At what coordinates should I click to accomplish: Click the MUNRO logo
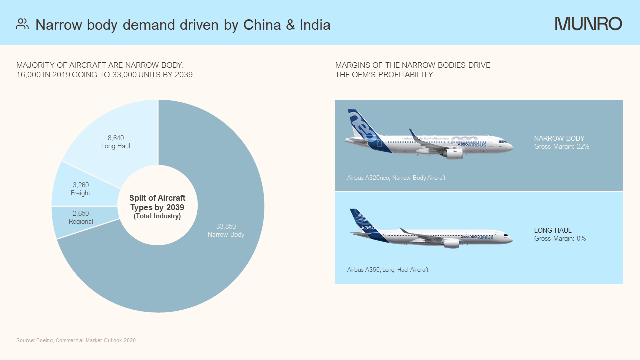[x=588, y=24]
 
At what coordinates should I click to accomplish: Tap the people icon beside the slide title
[x=22, y=24]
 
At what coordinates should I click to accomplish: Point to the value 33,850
[x=226, y=226]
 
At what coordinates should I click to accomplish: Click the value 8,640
[x=116, y=138]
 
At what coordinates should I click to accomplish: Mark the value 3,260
[x=80, y=185]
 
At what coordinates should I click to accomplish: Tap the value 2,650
[x=80, y=213]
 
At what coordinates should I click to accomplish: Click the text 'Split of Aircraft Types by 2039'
[x=157, y=202]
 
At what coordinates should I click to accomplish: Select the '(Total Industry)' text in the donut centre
[x=157, y=216]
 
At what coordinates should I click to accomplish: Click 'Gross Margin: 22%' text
[x=562, y=147]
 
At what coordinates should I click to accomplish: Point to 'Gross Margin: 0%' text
[x=560, y=239]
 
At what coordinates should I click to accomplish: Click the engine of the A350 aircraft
[x=451, y=243]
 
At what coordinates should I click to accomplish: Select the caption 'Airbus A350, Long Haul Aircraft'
[x=388, y=270]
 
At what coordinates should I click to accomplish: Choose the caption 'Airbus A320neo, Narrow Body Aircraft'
[x=396, y=178]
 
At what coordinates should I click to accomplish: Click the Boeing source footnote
[x=76, y=341]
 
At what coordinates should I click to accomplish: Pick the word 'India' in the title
[x=315, y=25]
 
